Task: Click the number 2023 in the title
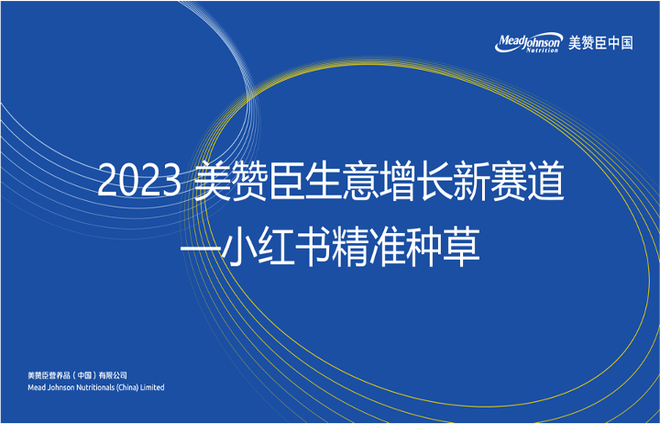139,182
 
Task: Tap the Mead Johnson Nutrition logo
529,43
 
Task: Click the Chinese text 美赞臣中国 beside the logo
600,42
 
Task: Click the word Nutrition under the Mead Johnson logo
542,50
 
